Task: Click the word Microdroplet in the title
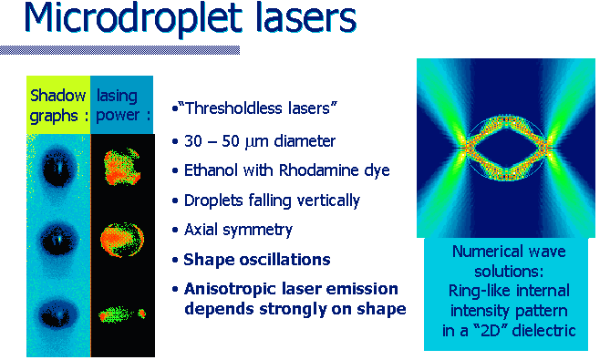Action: point(132,18)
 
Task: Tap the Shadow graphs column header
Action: point(58,105)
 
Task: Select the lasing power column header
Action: point(122,105)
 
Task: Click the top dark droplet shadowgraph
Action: point(58,169)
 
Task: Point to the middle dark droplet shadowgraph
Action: point(58,239)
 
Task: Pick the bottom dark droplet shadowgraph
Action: point(57,314)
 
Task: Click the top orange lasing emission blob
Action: point(121,167)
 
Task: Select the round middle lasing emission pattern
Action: point(122,240)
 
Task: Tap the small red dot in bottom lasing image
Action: point(142,313)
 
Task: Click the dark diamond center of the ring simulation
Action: point(506,148)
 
